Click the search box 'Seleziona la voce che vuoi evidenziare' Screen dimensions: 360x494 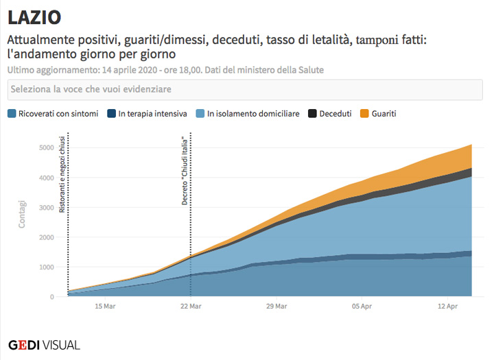(247, 90)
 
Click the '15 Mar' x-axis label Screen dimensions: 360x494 (104, 307)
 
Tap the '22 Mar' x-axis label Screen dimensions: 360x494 (190, 307)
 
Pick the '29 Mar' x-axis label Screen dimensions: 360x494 (276, 307)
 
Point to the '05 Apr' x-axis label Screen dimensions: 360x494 (362, 307)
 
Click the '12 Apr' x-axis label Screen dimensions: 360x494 (447, 307)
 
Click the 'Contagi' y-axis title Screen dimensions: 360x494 (22, 213)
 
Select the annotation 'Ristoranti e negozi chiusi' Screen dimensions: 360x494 (62, 176)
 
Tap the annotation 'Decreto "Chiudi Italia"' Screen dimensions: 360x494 (185, 176)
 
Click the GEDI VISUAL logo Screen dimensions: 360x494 (44, 344)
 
